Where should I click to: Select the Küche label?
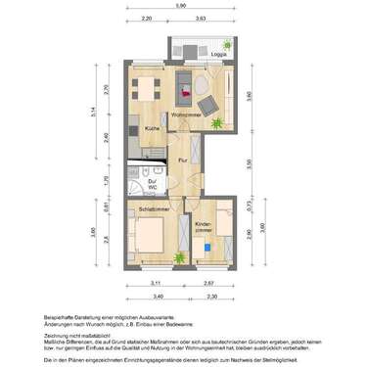point(154,128)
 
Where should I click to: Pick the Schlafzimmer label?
point(154,209)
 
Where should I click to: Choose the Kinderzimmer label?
point(205,228)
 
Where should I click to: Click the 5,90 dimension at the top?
point(181,5)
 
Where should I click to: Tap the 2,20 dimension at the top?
point(146,19)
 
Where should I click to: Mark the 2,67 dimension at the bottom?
point(209,284)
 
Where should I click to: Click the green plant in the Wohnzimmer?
point(219,122)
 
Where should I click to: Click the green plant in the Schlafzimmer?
point(179,257)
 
